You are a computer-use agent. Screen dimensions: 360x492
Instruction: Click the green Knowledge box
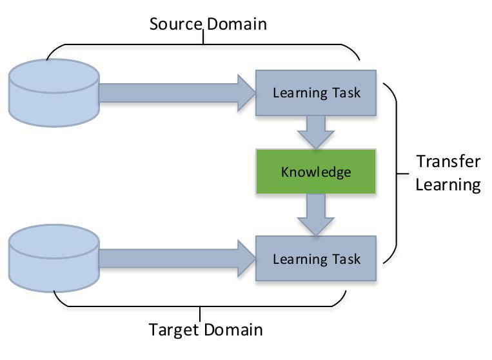tap(316, 172)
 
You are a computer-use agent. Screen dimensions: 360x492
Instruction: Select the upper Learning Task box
tap(316, 92)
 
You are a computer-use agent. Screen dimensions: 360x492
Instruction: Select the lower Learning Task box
tap(316, 258)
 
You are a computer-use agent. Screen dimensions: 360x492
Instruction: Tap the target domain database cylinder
tap(54, 257)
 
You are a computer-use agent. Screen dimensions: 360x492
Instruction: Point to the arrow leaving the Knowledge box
tap(316, 214)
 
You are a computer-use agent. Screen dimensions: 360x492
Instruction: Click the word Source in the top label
tap(176, 25)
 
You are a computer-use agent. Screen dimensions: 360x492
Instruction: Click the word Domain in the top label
tap(236, 25)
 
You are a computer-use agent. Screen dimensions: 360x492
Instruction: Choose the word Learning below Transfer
tap(448, 185)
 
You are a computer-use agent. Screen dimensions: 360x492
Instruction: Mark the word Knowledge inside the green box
tap(316, 172)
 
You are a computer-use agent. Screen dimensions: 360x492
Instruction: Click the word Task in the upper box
tap(346, 92)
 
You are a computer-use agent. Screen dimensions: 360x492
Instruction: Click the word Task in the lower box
tap(346, 259)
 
